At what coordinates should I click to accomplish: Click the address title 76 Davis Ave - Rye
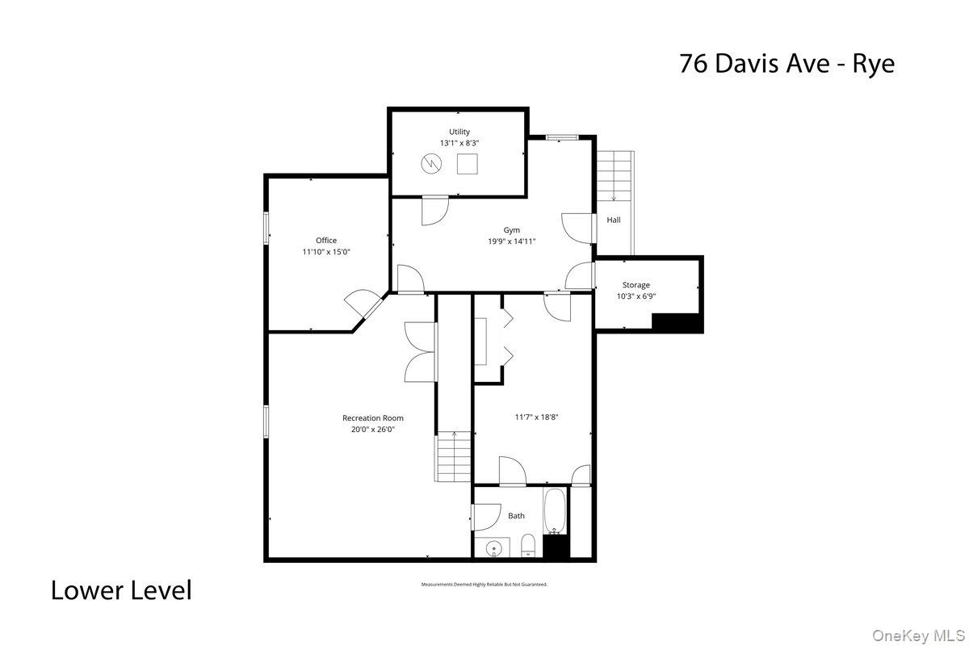tap(787, 63)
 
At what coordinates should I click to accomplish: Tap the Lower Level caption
tap(121, 590)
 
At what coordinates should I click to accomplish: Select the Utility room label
tap(459, 132)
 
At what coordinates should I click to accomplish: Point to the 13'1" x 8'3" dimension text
tap(459, 143)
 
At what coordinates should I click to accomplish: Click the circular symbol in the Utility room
tap(432, 164)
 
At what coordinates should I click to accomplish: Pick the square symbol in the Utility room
tap(468, 164)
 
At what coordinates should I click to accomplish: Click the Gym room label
tap(511, 230)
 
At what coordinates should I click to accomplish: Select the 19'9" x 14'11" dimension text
tap(511, 241)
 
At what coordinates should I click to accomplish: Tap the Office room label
tap(326, 241)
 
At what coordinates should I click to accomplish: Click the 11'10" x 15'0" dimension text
tap(326, 252)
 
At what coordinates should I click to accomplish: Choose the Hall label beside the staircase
tap(614, 220)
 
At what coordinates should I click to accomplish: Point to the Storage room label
tap(636, 285)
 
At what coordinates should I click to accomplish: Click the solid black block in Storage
tap(677, 322)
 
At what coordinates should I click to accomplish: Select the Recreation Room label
tap(373, 418)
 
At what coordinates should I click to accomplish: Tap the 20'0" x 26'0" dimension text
tap(373, 430)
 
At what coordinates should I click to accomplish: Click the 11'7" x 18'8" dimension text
tap(538, 417)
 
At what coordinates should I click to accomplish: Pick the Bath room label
tap(516, 516)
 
